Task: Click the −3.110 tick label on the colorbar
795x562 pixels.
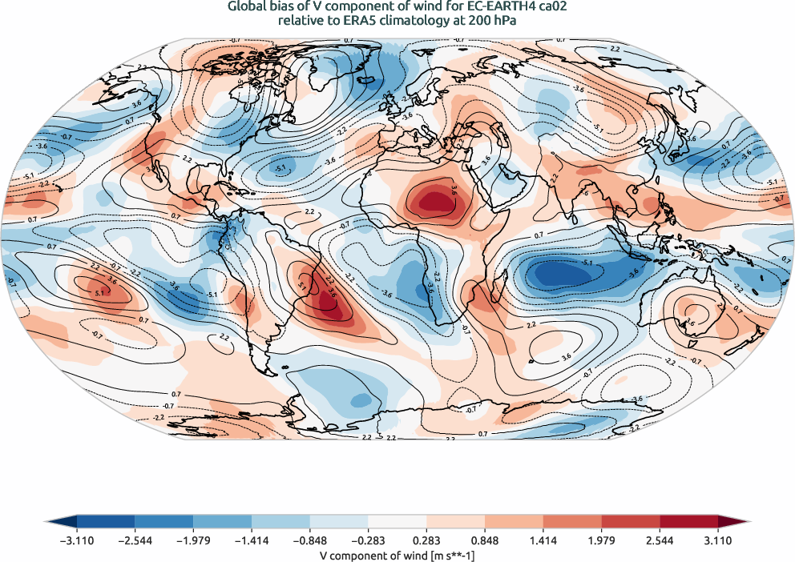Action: (78, 540)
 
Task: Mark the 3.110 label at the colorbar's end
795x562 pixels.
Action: (716, 540)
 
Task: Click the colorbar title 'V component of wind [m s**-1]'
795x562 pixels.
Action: (397, 555)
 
